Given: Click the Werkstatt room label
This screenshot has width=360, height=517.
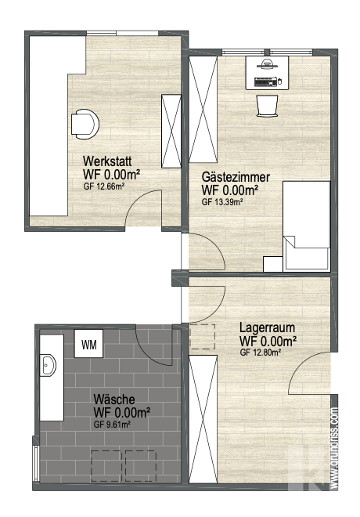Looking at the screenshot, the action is (x=107, y=161).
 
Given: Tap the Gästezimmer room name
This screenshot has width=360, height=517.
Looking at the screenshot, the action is (x=236, y=177).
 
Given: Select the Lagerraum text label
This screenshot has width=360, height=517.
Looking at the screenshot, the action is (x=267, y=327).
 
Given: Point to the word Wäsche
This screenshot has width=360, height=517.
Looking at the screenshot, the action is (x=114, y=399).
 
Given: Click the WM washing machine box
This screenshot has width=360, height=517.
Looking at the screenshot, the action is (x=88, y=344).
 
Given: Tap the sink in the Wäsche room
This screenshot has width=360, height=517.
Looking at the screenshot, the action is (x=48, y=365).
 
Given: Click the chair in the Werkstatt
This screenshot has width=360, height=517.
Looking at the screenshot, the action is (x=85, y=124).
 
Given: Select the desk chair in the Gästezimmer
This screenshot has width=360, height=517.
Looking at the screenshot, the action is (x=267, y=106).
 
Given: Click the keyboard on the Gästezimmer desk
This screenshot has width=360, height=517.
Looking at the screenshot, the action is (x=265, y=81).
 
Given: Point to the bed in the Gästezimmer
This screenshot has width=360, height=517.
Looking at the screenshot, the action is (x=307, y=226).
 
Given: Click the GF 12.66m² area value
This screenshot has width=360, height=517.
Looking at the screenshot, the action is (x=104, y=186).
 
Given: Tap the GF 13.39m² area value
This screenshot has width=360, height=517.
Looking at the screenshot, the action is (x=222, y=202).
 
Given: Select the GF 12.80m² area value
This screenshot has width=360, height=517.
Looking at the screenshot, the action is (x=260, y=352).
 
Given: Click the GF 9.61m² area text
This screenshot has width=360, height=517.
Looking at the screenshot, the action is (x=112, y=425).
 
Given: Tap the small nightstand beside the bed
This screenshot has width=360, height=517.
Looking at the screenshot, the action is (x=272, y=264).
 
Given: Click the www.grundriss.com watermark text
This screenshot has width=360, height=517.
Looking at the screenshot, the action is (x=334, y=448).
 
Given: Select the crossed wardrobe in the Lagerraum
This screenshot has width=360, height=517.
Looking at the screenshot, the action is (x=203, y=419).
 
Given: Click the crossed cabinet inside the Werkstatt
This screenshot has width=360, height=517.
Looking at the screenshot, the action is (x=171, y=132).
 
